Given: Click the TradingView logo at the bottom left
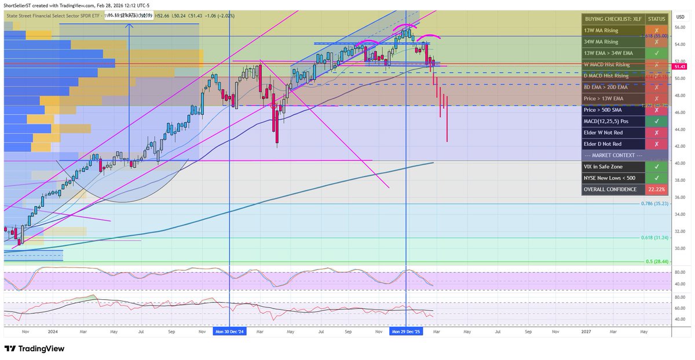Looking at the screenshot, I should (x=34, y=349).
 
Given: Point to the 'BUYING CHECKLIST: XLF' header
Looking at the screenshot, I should (x=610, y=19).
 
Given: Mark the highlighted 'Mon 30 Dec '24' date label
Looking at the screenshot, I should (x=230, y=332).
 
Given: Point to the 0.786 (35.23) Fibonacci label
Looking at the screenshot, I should (x=655, y=204).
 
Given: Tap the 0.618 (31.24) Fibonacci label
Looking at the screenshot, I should (x=655, y=238).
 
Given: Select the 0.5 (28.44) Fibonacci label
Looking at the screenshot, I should (x=657, y=262).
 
